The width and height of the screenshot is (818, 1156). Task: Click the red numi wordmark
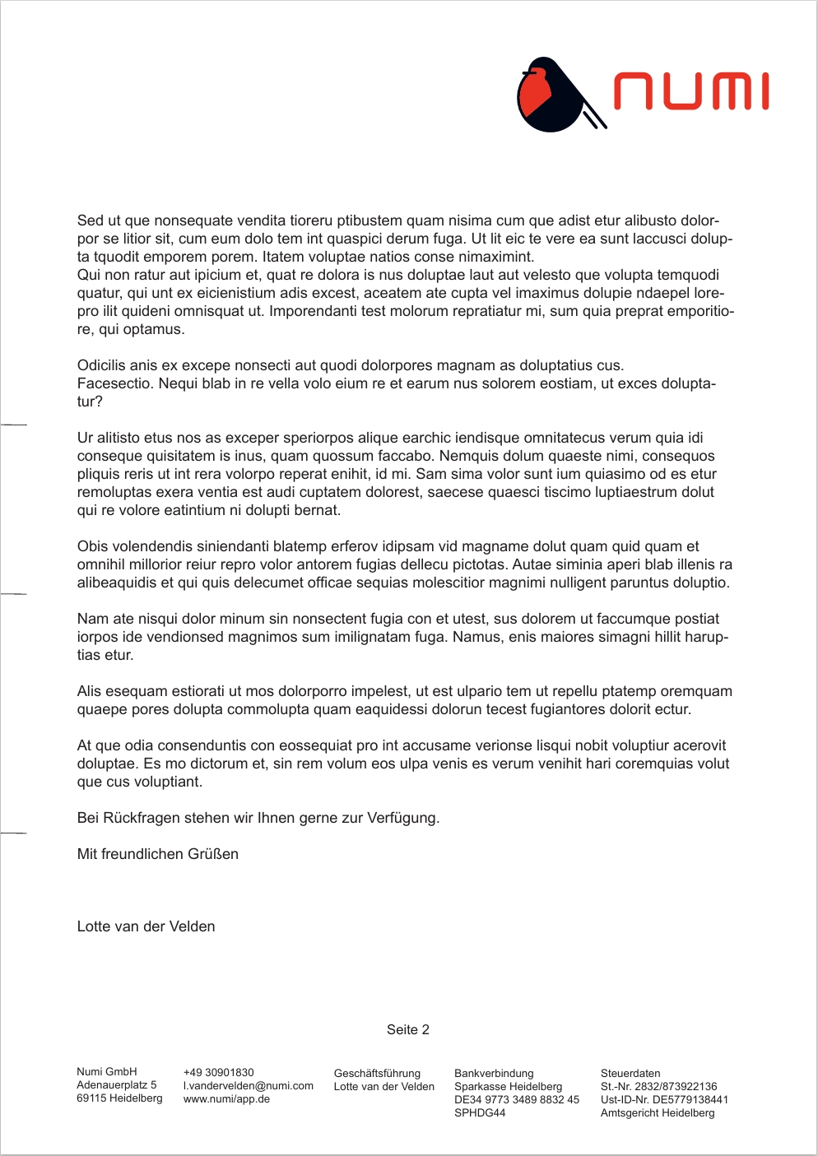click(691, 91)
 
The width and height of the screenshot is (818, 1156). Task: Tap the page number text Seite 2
click(408, 1029)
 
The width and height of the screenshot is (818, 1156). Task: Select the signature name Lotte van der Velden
click(146, 926)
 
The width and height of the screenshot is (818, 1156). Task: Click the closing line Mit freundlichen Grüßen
click(157, 854)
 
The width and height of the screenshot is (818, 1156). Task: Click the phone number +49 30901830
click(218, 1072)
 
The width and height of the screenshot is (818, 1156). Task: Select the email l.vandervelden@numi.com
click(248, 1085)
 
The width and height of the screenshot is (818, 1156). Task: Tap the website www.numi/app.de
click(226, 1098)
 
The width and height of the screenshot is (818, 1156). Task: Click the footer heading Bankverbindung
click(494, 1073)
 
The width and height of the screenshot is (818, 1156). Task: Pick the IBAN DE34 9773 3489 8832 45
click(516, 1099)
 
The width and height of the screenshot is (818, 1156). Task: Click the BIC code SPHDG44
click(480, 1112)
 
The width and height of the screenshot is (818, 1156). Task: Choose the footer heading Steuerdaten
click(630, 1073)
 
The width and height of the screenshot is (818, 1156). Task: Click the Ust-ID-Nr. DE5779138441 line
click(664, 1099)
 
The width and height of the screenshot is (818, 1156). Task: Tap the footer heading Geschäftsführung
click(377, 1073)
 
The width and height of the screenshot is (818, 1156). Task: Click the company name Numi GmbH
click(107, 1071)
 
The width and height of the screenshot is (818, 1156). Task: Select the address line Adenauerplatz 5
click(116, 1084)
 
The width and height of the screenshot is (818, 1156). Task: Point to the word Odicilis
click(102, 365)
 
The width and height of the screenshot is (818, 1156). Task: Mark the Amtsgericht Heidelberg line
click(658, 1112)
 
